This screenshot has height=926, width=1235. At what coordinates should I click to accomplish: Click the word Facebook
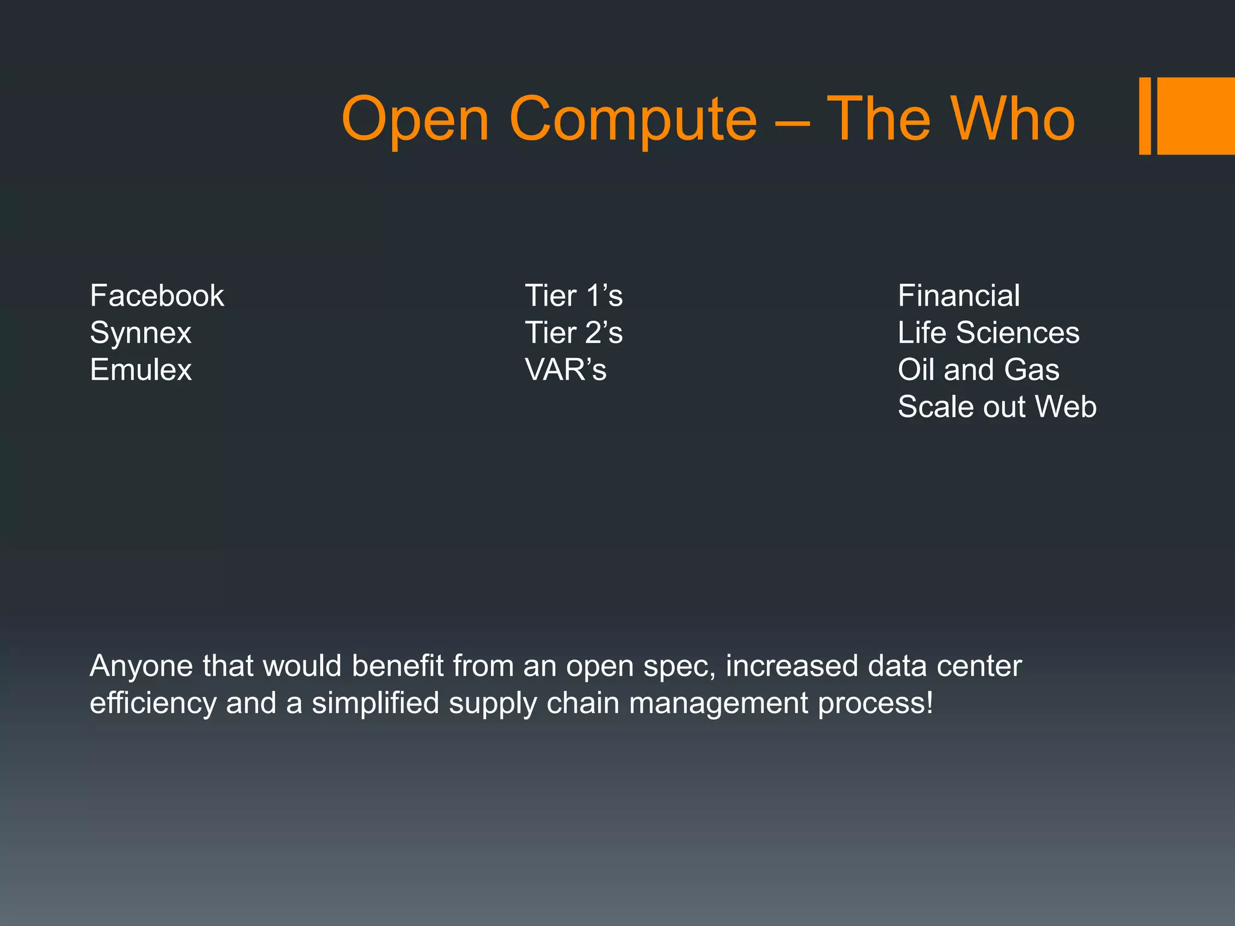tap(157, 296)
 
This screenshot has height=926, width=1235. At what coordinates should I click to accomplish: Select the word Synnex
tap(141, 333)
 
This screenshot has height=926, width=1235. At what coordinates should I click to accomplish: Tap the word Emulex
tap(141, 370)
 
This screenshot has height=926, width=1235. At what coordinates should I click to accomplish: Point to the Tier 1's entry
tap(573, 296)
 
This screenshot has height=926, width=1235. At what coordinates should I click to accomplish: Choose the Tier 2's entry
tap(573, 333)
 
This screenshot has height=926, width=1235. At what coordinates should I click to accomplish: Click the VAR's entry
tap(566, 370)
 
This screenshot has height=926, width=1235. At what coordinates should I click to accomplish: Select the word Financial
tap(959, 296)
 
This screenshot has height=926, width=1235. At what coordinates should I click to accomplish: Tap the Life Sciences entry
tap(988, 333)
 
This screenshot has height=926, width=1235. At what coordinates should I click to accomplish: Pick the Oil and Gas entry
tap(978, 370)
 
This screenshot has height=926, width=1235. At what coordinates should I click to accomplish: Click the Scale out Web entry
tap(997, 407)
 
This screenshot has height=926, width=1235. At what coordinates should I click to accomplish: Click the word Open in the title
tap(415, 121)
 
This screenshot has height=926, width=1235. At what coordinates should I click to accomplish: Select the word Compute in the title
tap(633, 121)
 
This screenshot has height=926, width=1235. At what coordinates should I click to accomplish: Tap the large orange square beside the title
tap(1196, 116)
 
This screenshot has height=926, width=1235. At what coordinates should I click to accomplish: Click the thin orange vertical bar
tap(1145, 116)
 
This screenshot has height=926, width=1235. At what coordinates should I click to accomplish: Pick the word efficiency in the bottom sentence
tap(153, 704)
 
